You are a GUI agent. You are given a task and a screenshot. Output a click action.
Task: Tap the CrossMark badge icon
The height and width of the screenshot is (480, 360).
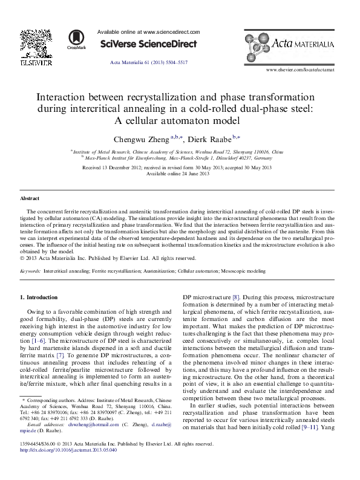pos(77,39)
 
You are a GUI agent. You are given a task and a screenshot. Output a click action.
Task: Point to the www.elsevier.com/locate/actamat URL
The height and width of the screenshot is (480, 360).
pos(308,70)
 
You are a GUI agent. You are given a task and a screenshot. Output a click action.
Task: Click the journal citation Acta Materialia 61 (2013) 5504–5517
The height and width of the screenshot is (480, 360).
pos(148,63)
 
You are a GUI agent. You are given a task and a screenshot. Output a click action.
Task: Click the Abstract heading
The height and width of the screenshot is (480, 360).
pos(30,198)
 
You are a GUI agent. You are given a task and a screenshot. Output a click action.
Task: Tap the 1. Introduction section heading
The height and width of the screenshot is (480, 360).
pos(39,297)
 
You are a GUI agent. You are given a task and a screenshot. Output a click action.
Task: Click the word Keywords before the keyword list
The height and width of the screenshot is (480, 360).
pos(30,271)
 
